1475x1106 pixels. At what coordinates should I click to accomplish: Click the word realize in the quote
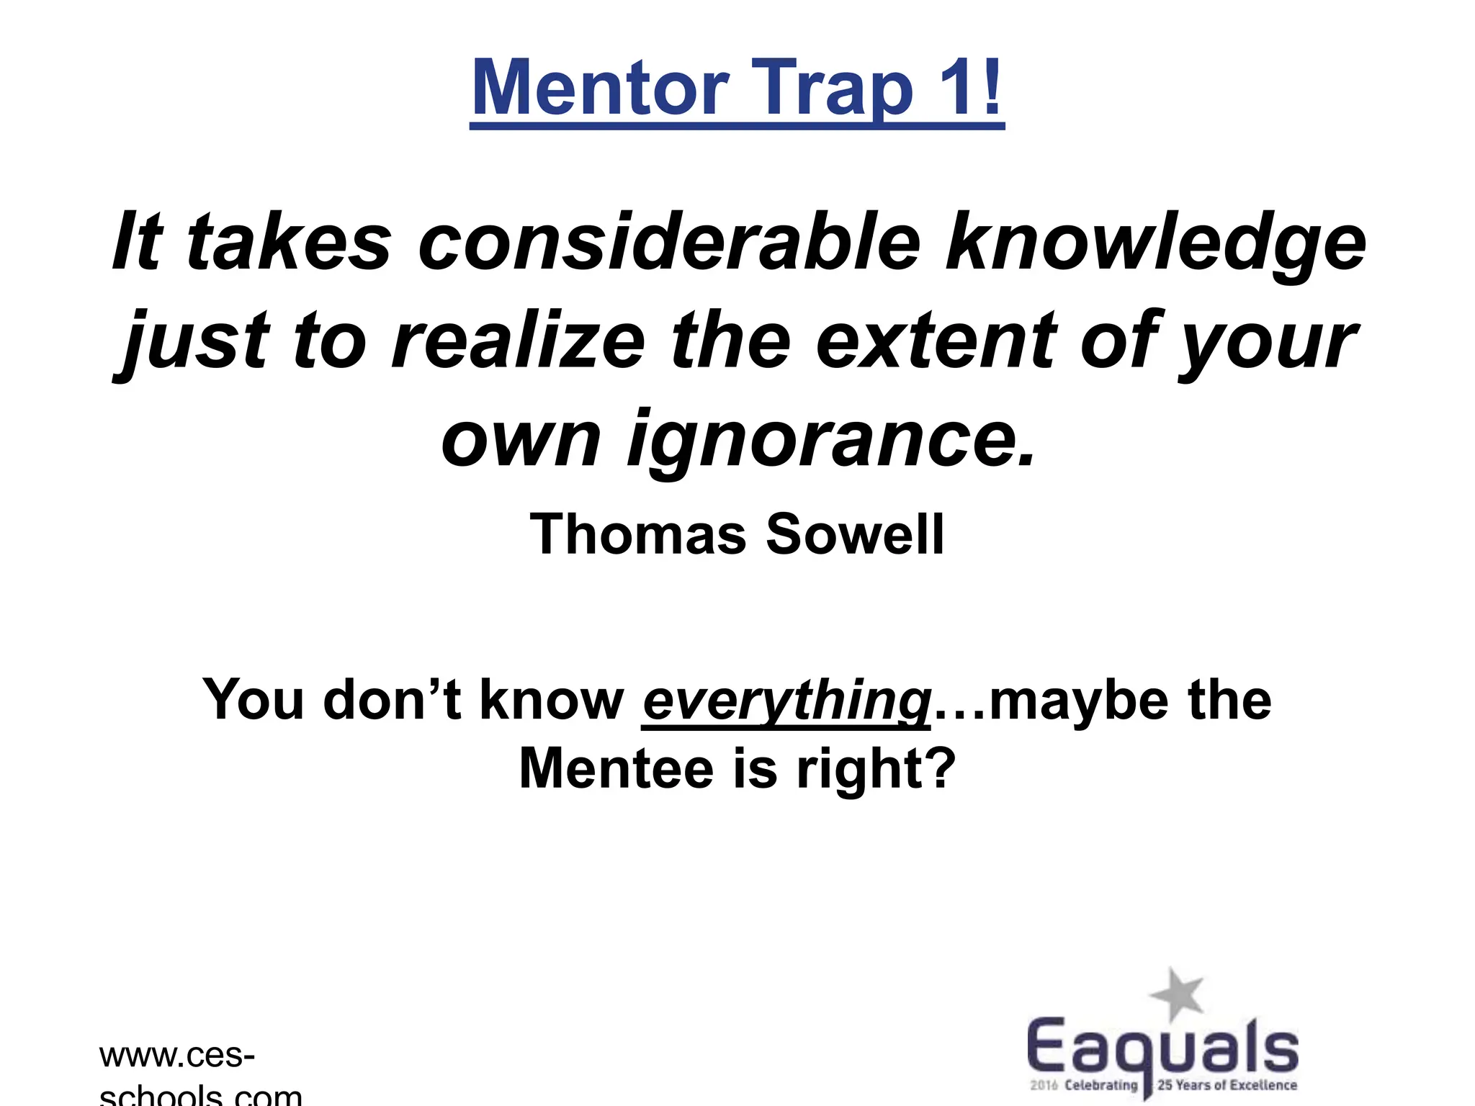click(518, 340)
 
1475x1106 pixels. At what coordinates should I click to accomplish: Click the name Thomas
click(637, 534)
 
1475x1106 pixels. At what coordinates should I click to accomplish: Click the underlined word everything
click(786, 701)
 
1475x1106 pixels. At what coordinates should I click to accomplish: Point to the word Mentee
click(617, 769)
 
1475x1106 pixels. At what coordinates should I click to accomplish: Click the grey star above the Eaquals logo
click(1176, 994)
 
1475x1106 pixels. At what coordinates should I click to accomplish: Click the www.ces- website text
click(176, 1056)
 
